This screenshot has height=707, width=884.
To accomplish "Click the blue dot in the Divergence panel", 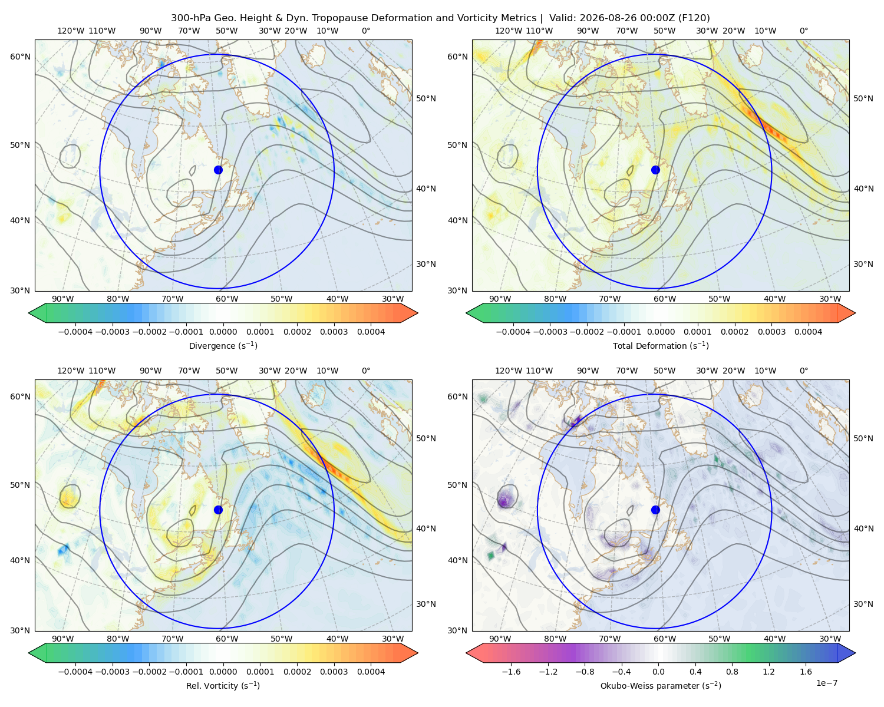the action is click(x=218, y=170).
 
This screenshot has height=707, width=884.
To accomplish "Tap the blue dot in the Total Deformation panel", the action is click(x=655, y=170).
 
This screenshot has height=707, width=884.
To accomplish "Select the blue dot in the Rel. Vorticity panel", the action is click(x=218, y=510).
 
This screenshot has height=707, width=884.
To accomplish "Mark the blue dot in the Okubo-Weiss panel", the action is click(x=655, y=510).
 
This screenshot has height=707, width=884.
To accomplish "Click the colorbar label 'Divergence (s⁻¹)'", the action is click(x=223, y=346).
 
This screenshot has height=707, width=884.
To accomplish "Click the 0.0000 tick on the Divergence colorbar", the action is click(x=223, y=332).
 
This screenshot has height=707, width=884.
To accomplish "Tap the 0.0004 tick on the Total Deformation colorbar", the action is click(x=808, y=332).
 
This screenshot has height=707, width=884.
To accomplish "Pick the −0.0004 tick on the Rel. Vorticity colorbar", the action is click(x=75, y=672).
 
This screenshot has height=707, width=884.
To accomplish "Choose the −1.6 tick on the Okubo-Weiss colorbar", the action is click(x=512, y=672).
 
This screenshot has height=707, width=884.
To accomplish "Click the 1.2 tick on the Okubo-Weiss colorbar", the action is click(x=768, y=672).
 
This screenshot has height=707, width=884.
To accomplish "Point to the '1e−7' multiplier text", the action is click(x=826, y=683).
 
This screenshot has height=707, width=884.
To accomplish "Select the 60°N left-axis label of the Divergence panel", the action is click(x=21, y=57).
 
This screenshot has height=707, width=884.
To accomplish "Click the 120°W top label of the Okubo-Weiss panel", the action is click(x=508, y=371).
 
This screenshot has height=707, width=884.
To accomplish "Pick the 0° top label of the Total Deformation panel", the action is click(x=803, y=31).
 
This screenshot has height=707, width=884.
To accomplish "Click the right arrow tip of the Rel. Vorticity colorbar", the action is click(x=418, y=653).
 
